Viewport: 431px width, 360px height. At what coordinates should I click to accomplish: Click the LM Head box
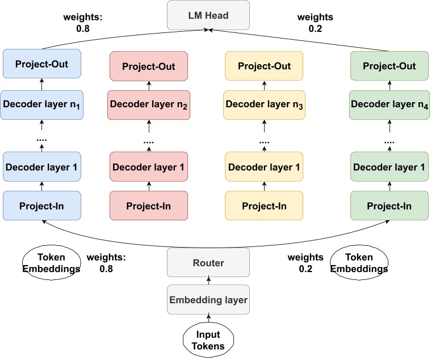click(x=208, y=15)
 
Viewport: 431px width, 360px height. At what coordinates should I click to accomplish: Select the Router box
click(x=208, y=263)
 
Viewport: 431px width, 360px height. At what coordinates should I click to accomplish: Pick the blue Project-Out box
click(x=43, y=64)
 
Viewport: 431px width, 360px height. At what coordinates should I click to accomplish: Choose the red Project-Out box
click(x=149, y=66)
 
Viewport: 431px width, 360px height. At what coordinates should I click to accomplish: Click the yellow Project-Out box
click(x=264, y=66)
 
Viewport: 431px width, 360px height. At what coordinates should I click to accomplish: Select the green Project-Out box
click(x=389, y=66)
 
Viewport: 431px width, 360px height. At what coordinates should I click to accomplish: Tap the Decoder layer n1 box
click(x=43, y=104)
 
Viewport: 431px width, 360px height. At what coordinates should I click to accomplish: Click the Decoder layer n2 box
click(x=149, y=104)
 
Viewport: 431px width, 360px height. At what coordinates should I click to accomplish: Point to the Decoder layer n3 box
click(x=264, y=104)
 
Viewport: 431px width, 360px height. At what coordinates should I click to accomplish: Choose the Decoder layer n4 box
click(x=389, y=104)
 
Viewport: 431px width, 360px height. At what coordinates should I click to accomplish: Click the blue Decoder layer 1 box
click(x=43, y=167)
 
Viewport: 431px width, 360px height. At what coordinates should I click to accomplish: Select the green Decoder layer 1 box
click(x=389, y=168)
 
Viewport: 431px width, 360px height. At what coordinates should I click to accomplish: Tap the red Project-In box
click(x=149, y=206)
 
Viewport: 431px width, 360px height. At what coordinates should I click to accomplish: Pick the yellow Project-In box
click(x=264, y=206)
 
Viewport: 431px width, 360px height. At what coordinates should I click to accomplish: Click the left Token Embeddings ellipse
click(x=51, y=263)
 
